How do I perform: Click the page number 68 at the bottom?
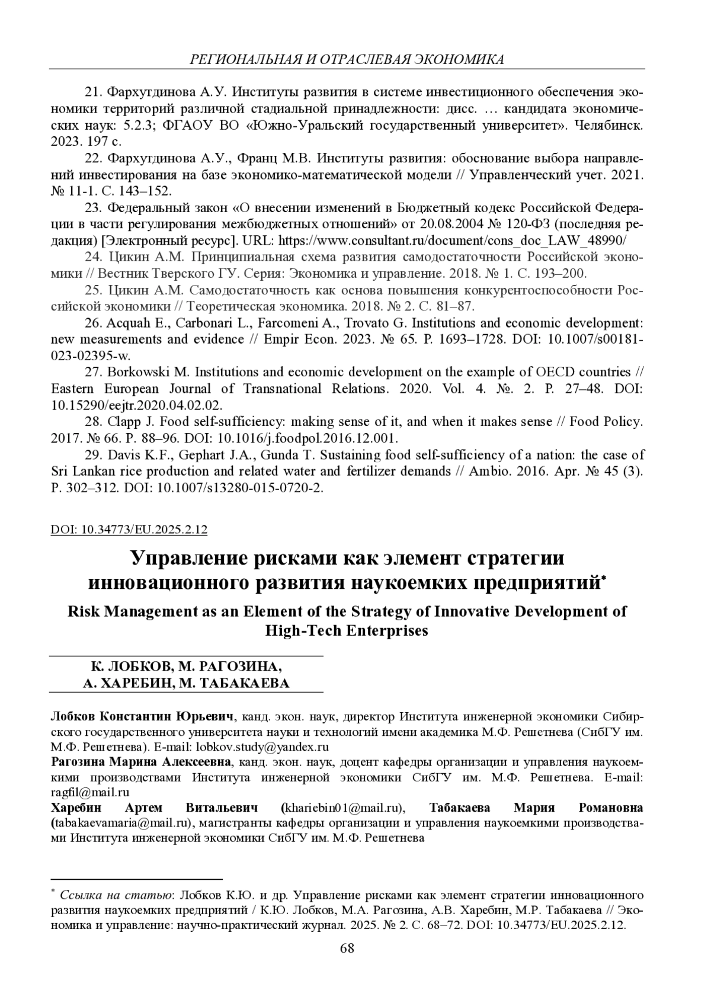[347, 949]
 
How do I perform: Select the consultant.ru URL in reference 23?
[452, 241]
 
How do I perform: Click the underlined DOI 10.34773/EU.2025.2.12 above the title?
[129, 529]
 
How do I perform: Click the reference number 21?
[94, 92]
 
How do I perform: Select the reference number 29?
[94, 455]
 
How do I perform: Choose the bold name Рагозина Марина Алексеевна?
[140, 761]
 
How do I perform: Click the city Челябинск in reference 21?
[610, 126]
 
